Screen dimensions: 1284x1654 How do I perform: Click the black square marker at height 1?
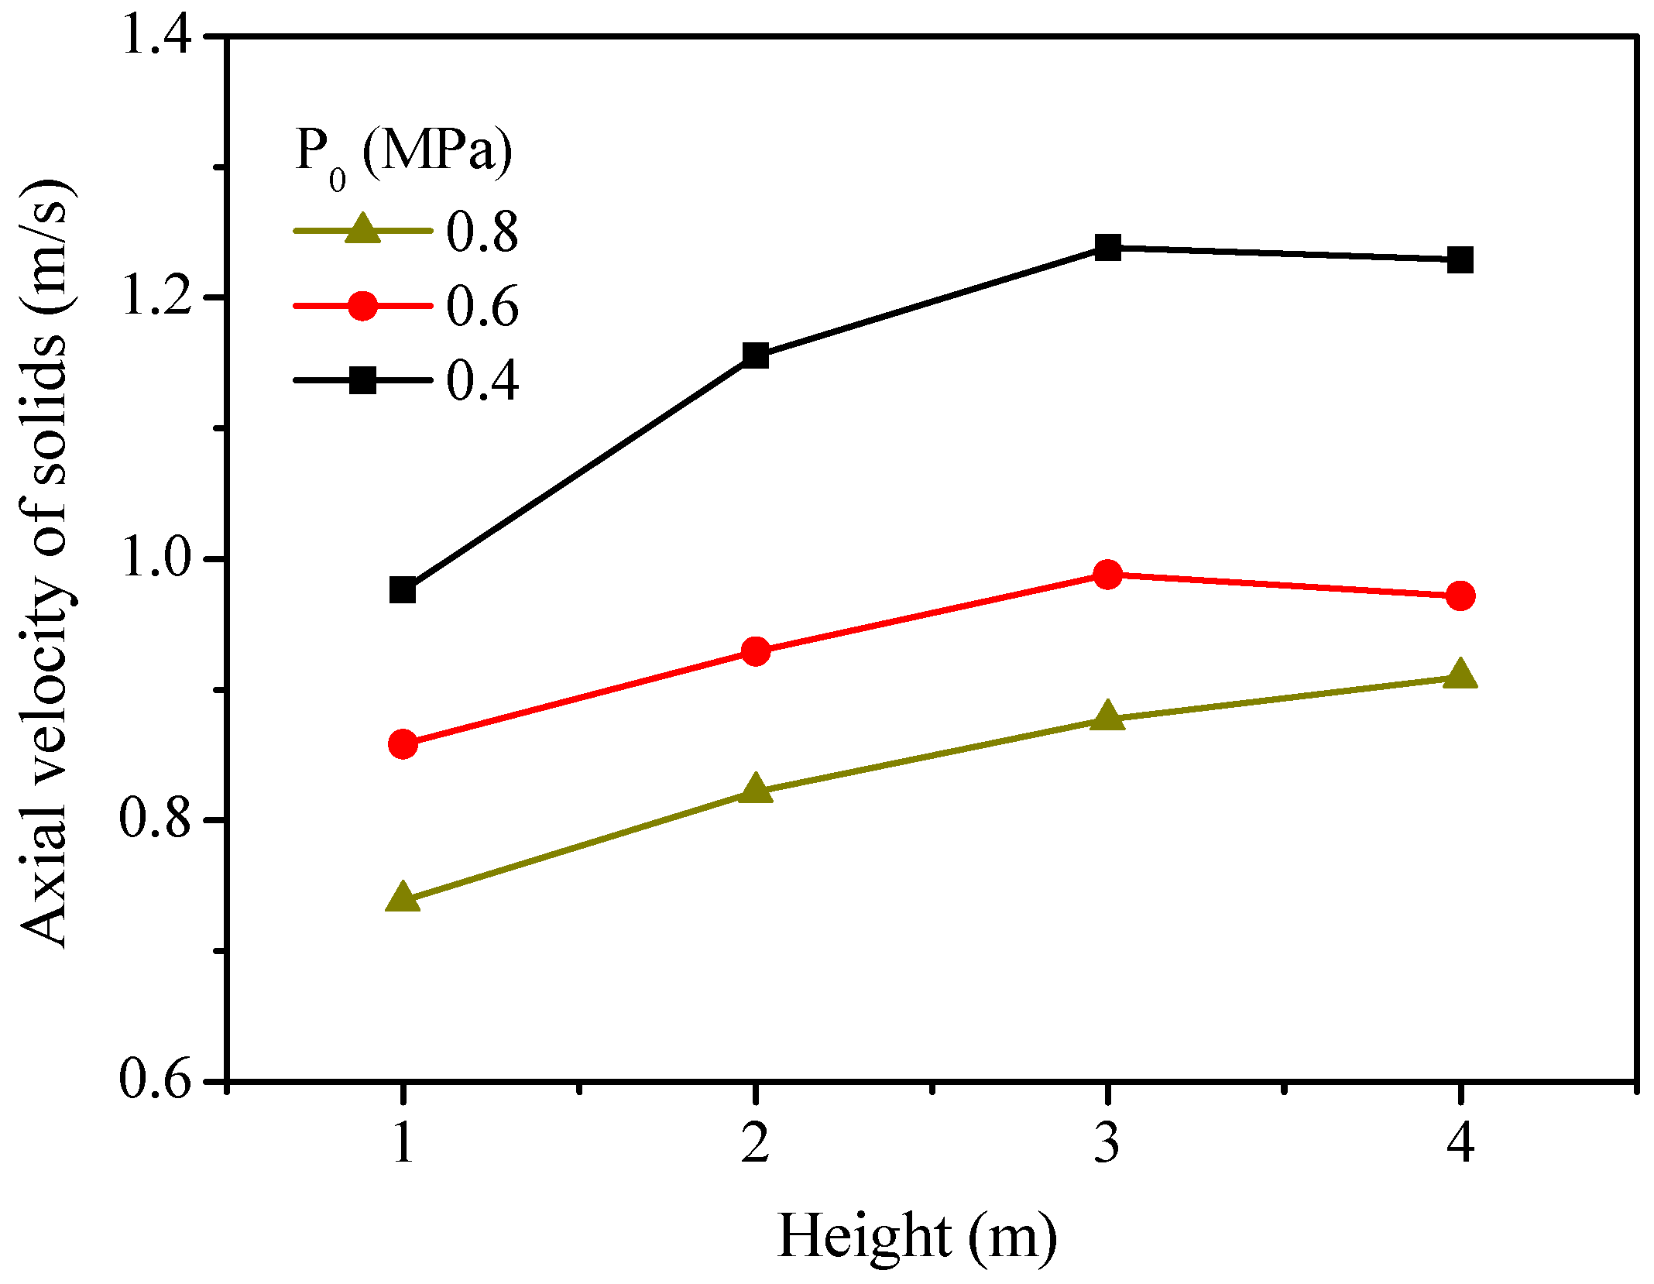click(403, 590)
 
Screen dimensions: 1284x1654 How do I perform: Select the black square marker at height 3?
click(1108, 248)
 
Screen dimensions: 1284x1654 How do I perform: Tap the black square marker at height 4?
click(1460, 260)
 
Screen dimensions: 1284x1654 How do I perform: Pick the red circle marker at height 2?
click(756, 651)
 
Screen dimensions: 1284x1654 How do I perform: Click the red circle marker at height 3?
click(1108, 575)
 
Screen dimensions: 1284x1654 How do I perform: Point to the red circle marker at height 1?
click(403, 744)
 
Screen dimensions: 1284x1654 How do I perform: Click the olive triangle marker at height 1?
click(403, 898)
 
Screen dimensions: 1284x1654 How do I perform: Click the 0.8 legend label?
click(482, 232)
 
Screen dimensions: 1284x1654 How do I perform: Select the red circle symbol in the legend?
click(362, 306)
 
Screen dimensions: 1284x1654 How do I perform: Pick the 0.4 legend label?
click(482, 381)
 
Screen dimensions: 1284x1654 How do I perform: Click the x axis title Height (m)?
click(917, 1238)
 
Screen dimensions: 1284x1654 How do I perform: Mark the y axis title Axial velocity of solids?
click(48, 563)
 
